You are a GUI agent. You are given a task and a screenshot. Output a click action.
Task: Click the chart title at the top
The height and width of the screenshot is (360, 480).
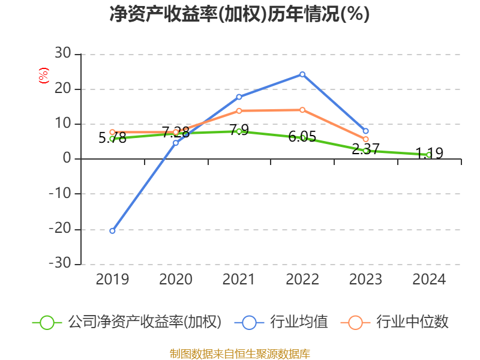tap(239, 14)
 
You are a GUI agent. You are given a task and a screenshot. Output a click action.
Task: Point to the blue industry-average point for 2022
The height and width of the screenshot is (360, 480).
tap(302, 74)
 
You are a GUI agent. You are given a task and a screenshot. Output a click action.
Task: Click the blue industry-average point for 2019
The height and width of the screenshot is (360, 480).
tap(112, 230)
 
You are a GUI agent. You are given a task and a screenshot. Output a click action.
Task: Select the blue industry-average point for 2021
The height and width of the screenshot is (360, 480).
tap(239, 97)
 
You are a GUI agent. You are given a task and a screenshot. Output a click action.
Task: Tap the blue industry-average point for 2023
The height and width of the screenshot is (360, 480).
tap(365, 131)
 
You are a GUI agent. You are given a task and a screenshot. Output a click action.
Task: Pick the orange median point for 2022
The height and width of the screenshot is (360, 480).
tap(302, 110)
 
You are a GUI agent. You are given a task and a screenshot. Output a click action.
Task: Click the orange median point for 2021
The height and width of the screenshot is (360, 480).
tap(239, 110)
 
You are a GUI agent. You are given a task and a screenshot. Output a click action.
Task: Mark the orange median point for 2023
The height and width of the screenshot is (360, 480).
tap(365, 139)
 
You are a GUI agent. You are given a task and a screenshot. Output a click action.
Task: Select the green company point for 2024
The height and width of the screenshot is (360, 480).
tap(428, 155)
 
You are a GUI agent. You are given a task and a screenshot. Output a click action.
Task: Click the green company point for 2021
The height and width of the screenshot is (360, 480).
tap(239, 131)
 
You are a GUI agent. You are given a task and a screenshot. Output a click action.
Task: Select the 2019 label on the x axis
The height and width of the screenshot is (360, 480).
tap(112, 280)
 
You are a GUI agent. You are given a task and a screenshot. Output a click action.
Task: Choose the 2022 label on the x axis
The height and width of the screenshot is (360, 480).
tap(302, 280)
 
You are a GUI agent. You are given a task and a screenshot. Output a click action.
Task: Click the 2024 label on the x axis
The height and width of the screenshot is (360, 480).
tap(428, 280)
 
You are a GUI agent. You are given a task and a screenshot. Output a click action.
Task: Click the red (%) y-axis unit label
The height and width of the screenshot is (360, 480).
tap(43, 76)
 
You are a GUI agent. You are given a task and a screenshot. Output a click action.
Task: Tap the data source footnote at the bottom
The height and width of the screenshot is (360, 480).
tap(239, 353)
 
